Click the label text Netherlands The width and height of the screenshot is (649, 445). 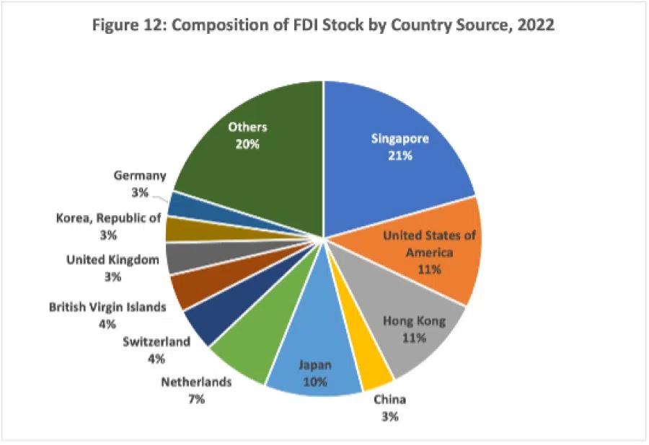point(196,382)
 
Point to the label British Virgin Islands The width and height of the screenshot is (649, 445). point(107,307)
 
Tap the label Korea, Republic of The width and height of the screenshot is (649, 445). point(108,217)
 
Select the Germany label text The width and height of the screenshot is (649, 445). point(140,176)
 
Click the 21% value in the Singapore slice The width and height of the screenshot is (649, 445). point(399,155)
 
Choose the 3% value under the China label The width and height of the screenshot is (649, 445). point(389,415)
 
